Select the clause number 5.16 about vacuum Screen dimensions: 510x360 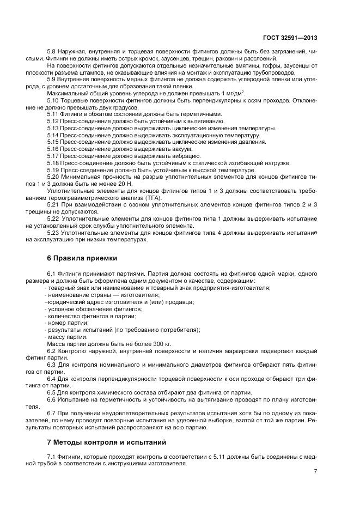(x=53, y=149)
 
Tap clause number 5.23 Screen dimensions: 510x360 (x=53, y=233)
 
